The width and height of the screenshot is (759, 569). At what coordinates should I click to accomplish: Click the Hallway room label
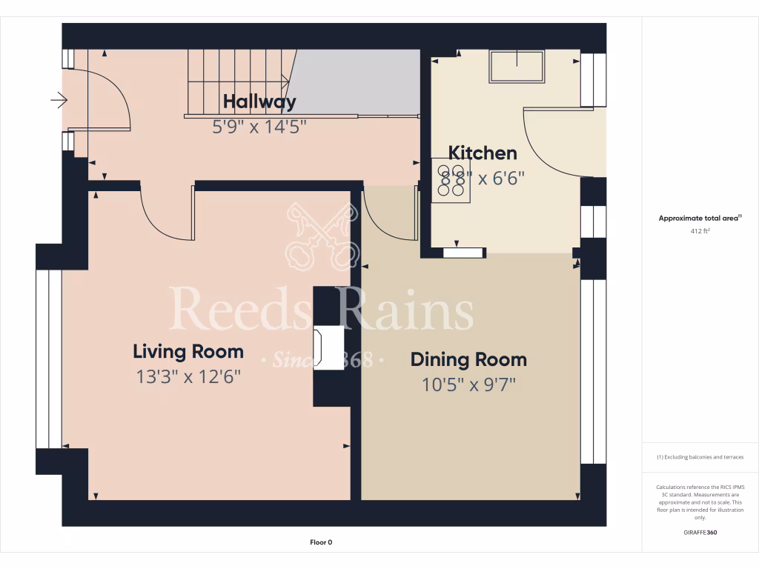click(259, 102)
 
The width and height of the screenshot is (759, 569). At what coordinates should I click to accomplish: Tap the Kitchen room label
click(483, 153)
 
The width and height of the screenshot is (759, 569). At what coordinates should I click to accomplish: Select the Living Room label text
click(188, 351)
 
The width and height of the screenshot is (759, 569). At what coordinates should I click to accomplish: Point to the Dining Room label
click(468, 360)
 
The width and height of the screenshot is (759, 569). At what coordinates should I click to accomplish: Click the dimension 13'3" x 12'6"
click(188, 377)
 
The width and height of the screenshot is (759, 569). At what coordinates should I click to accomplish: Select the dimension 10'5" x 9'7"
click(468, 385)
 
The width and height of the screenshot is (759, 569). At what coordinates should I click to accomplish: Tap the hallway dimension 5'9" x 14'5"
click(259, 127)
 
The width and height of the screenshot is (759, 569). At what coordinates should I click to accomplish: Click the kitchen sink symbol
click(516, 67)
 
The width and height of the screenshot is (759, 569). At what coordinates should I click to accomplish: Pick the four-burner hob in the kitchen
click(451, 182)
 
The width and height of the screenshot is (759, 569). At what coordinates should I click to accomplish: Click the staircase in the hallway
click(237, 81)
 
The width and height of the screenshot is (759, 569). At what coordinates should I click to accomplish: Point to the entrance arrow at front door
click(59, 99)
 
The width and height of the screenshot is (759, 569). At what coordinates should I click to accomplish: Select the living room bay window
click(49, 359)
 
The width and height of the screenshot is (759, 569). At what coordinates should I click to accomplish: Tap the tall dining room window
click(593, 370)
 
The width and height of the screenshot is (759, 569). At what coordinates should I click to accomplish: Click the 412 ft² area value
click(700, 231)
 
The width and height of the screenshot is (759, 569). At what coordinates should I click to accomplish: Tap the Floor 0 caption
click(321, 542)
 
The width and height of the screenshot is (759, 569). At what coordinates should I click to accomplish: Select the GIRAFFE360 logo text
click(700, 533)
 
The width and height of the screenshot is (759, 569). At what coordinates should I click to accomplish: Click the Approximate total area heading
click(700, 218)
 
